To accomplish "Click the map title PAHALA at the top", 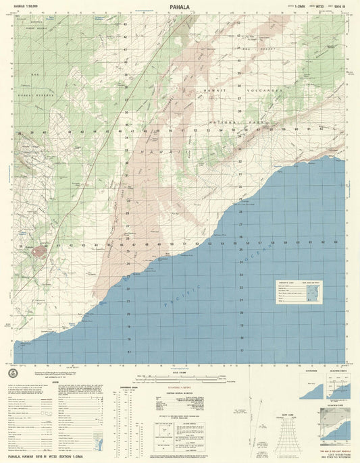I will click(x=180, y=9).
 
